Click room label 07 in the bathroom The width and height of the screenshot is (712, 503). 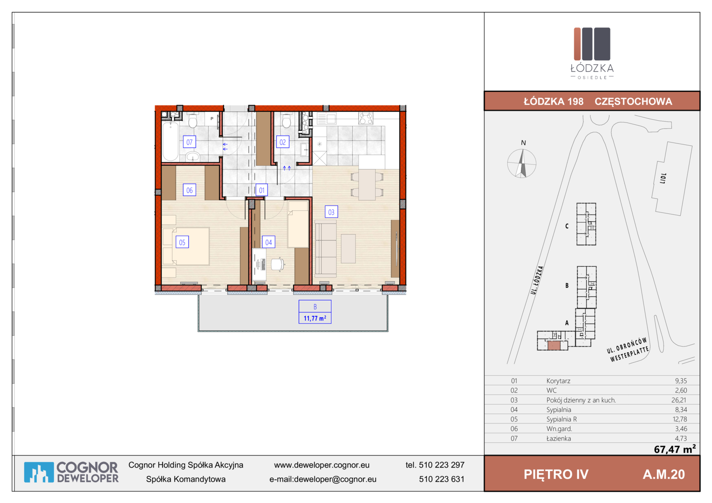tap(189, 142)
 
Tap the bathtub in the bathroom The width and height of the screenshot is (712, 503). tap(171, 142)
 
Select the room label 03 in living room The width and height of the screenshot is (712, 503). tap(331, 211)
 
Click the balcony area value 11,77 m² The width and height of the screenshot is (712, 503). tap(315, 318)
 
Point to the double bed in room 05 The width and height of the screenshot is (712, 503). tap(186, 246)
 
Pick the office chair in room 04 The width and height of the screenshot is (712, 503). tap(278, 265)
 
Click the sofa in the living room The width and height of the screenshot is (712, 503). tap(326, 249)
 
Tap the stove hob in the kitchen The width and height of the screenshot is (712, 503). tap(365, 118)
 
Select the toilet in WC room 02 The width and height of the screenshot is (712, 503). tap(287, 121)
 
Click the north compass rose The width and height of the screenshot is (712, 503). tap(521, 163)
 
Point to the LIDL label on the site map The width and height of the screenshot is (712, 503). tap(663, 178)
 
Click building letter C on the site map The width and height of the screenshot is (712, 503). tap(567, 226)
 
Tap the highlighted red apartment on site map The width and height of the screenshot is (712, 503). tap(554, 346)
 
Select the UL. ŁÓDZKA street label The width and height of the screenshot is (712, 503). tap(537, 280)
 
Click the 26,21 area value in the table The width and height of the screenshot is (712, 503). tap(679, 400)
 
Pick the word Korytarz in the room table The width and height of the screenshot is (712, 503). tap(558, 381)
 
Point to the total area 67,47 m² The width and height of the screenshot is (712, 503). tap(675, 449)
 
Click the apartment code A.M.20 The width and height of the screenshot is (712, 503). tap(664, 474)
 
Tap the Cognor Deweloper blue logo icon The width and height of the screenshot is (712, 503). tap(39, 472)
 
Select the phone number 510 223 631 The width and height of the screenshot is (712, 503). tap(441, 479)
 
